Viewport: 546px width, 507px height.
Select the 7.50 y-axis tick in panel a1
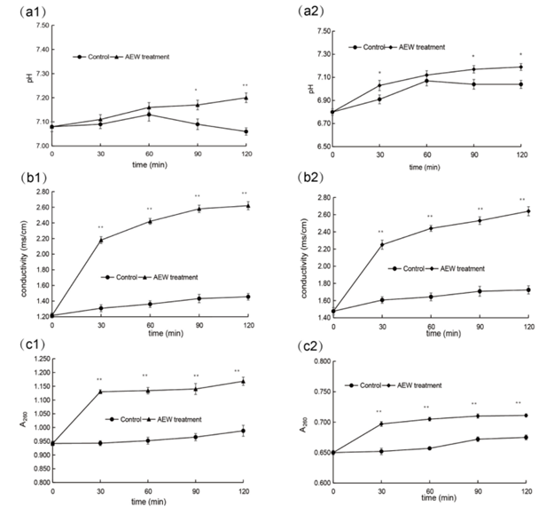(x=40, y=25)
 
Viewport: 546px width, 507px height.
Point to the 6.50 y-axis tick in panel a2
(x=323, y=147)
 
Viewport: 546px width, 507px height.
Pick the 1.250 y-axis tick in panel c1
(x=37, y=357)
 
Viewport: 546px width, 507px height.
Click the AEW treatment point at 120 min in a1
(x=246, y=98)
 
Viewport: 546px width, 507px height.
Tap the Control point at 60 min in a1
(x=149, y=115)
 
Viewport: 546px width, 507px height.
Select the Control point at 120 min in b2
(x=528, y=290)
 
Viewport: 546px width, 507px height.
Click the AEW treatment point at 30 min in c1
(x=100, y=392)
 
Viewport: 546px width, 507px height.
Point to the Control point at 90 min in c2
(x=480, y=439)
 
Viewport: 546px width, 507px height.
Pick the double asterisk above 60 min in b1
(x=149, y=210)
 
